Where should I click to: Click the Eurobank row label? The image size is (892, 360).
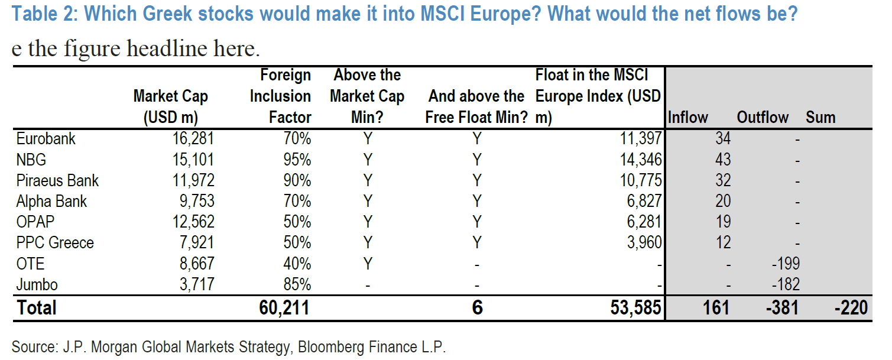click(46, 139)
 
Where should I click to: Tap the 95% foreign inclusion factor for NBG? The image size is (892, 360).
click(297, 160)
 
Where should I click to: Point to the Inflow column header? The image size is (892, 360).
click(688, 117)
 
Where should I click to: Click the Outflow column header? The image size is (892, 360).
click(763, 117)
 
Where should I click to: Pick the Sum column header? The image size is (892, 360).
click(820, 117)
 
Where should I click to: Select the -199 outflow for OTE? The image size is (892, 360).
click(786, 264)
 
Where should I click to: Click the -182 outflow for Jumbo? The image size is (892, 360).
click(786, 284)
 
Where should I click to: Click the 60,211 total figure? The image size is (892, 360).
click(284, 307)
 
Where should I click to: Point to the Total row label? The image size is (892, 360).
click(37, 307)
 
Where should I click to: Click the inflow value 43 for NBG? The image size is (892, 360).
click(722, 160)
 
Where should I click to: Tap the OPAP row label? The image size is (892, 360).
click(35, 222)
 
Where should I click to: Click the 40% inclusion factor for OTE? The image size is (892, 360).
click(297, 264)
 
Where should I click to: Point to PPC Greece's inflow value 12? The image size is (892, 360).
click(722, 242)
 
